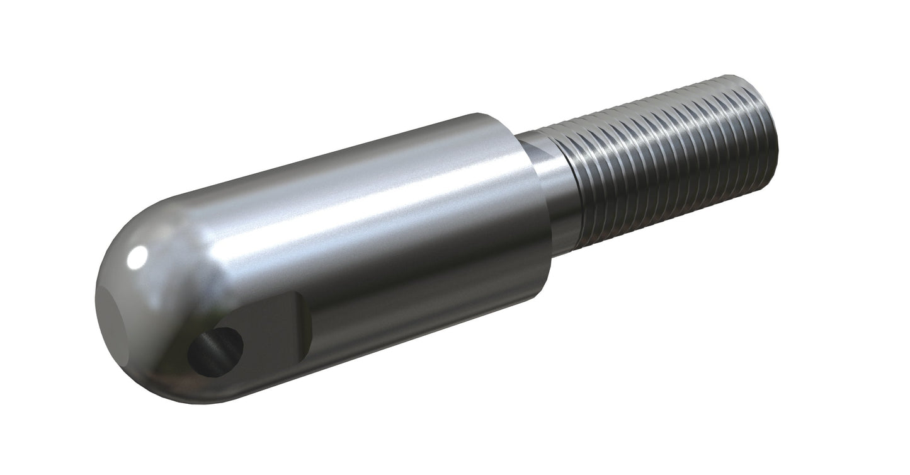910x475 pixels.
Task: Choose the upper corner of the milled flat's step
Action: click(x=296, y=296)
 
